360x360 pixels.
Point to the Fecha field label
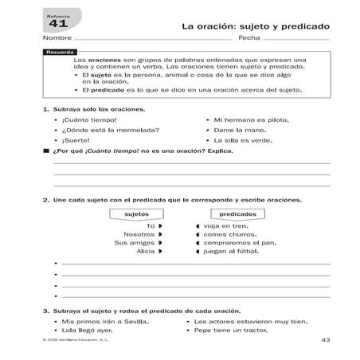coord(249,38)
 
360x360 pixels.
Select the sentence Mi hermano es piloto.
coord(246,119)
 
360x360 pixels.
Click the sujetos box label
coord(138,213)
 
